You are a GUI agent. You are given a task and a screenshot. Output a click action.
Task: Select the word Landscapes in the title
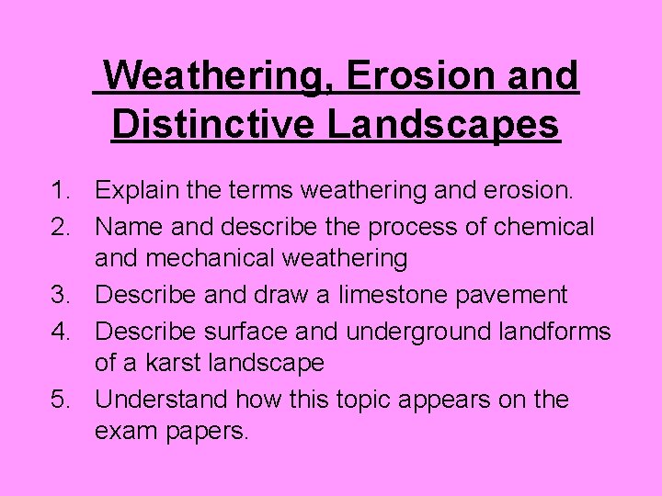pyautogui.click(x=443, y=122)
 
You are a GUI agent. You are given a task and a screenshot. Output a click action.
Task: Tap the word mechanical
pyautogui.click(x=203, y=260)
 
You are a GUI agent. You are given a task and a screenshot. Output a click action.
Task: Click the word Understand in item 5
pyautogui.click(x=162, y=400)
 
